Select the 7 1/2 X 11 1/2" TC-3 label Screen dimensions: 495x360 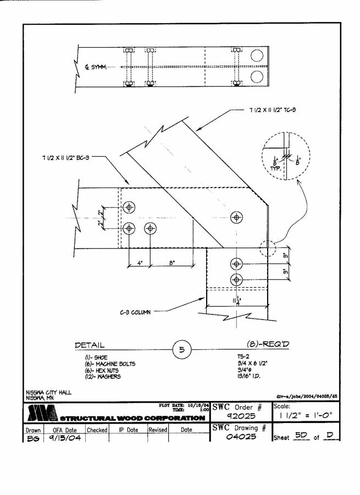pos(273,110)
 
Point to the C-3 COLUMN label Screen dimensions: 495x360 pos(134,312)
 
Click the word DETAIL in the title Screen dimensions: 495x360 pos(90,345)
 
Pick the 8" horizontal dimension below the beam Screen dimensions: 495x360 pos(171,263)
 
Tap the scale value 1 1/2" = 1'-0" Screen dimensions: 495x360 pos(304,416)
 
